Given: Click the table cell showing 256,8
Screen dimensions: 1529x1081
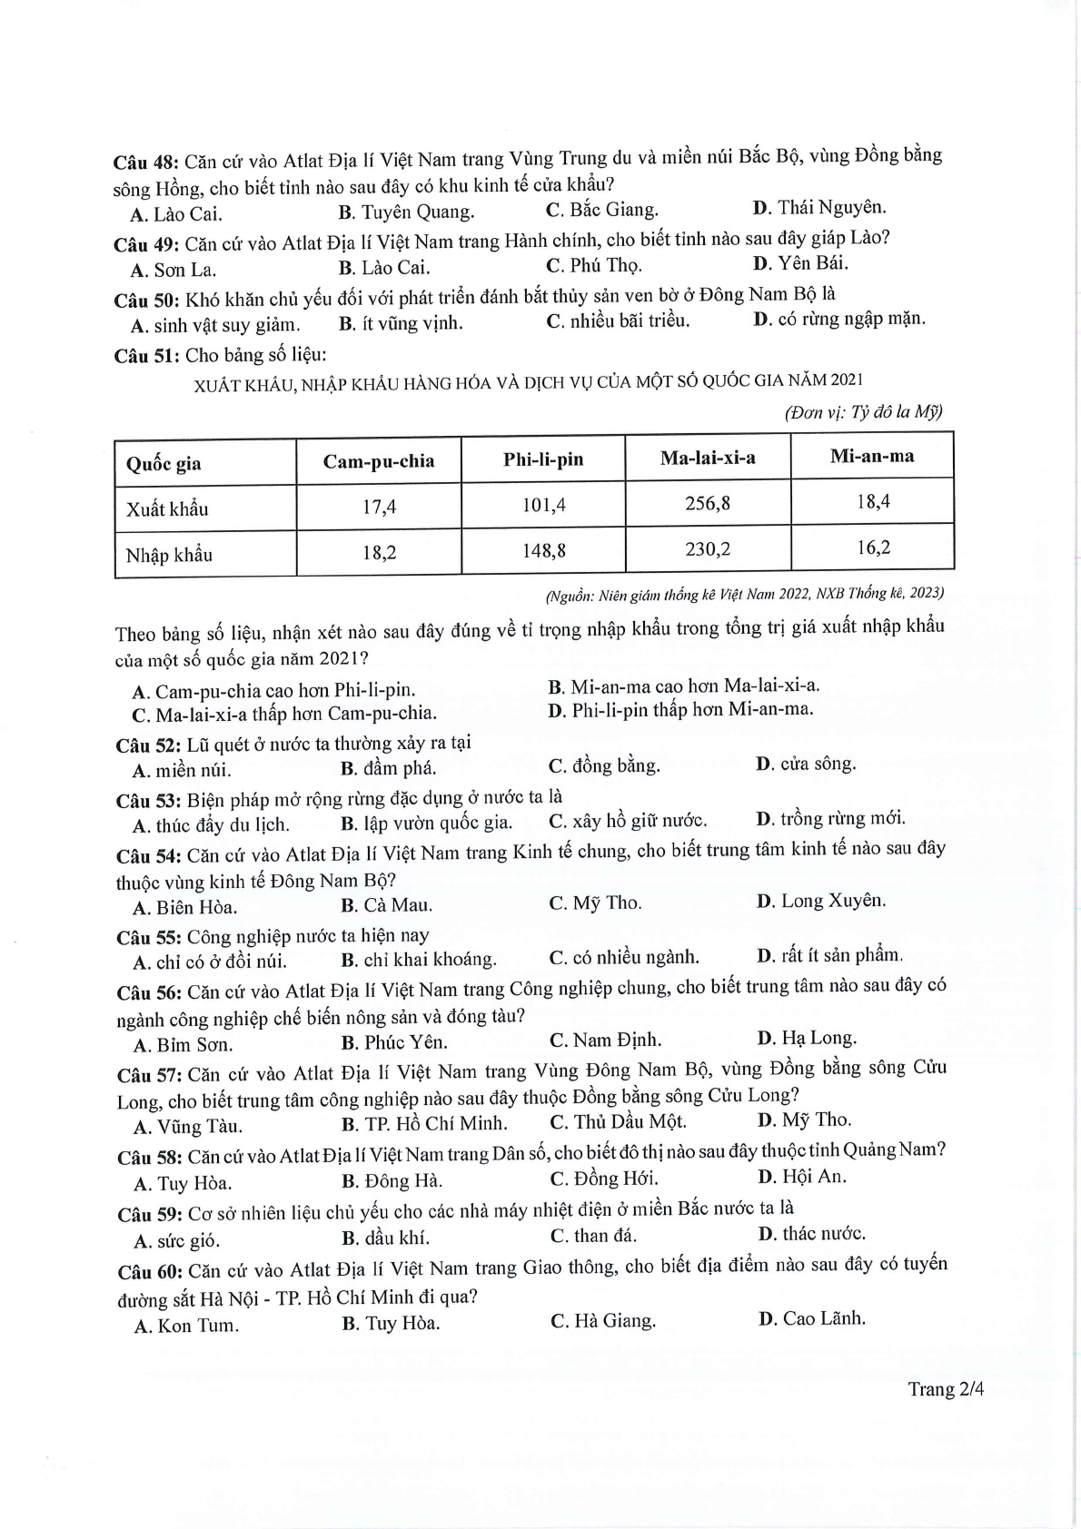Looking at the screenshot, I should click(707, 502).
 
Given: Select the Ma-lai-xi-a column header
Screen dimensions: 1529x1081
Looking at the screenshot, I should click(707, 457).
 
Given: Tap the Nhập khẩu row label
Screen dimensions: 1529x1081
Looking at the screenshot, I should click(169, 555).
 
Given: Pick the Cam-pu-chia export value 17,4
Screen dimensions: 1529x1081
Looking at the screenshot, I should click(379, 507).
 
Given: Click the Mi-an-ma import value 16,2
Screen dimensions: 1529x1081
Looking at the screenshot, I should click(872, 547).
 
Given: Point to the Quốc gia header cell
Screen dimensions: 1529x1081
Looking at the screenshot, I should click(164, 463).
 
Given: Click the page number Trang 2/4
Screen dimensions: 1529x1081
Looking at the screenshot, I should click(946, 1389).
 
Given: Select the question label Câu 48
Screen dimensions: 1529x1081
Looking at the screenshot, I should click(145, 163).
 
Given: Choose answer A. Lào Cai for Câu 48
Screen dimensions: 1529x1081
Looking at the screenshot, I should click(176, 214).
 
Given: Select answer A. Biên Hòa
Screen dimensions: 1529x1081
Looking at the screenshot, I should click(184, 907).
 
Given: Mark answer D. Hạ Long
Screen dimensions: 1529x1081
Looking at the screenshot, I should click(806, 1038).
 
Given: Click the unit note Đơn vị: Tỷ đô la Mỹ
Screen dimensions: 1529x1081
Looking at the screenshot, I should click(863, 412).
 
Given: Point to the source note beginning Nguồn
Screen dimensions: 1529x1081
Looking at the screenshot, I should click(744, 594).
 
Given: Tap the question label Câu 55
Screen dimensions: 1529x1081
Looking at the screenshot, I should click(149, 938).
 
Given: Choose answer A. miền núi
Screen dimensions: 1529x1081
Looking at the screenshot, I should click(182, 771).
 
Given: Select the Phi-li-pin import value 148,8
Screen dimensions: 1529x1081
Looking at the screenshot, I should click(543, 550).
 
